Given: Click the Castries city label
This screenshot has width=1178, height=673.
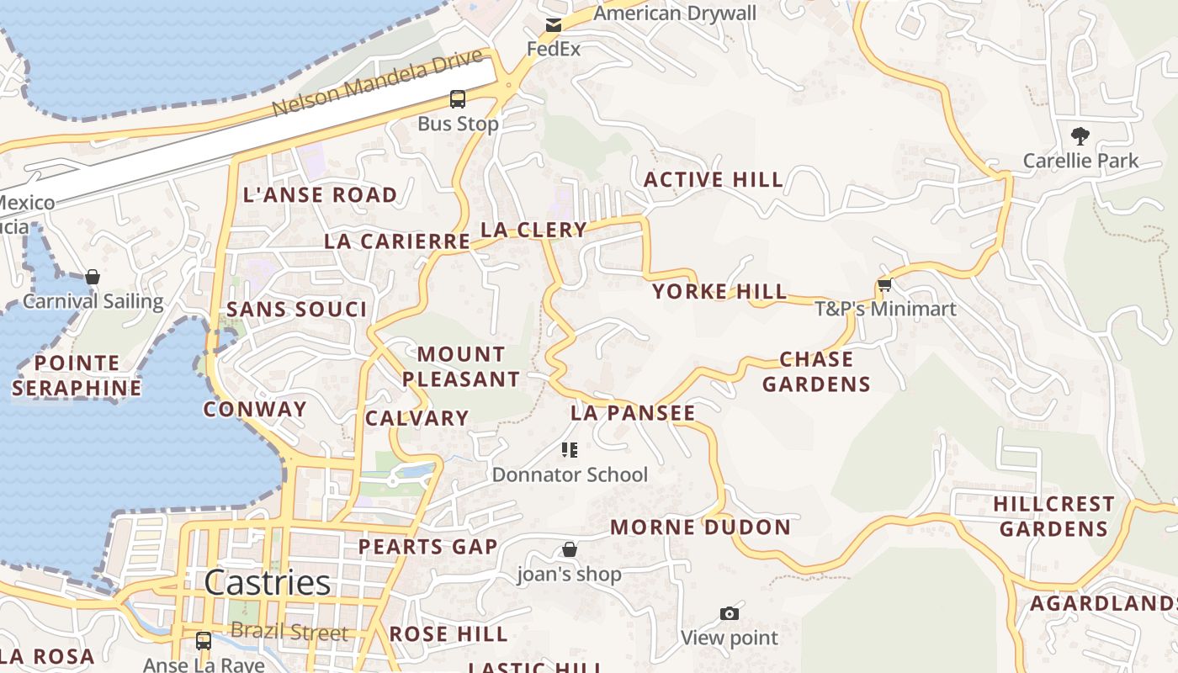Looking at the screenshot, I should click(x=267, y=583).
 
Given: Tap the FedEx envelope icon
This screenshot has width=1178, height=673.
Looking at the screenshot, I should click(x=553, y=25).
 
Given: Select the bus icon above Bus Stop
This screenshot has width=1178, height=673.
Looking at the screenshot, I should click(x=458, y=99).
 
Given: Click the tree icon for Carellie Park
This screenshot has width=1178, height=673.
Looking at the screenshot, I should click(x=1080, y=135).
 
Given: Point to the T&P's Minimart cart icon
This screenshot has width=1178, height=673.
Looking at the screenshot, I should click(x=884, y=285).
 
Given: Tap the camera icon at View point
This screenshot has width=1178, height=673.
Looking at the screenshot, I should click(x=730, y=614).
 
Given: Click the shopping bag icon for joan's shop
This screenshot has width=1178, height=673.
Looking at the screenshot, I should click(x=570, y=550).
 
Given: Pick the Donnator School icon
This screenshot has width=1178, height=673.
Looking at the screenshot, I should click(x=570, y=450).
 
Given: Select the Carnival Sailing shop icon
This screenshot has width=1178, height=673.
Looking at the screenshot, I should click(x=93, y=277).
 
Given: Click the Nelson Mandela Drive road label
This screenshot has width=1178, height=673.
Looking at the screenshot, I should click(x=379, y=84).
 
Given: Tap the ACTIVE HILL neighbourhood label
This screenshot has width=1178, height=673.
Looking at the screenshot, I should click(x=714, y=179).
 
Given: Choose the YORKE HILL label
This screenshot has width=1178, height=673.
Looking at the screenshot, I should click(x=719, y=292).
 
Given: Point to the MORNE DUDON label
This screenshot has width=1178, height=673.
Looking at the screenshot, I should click(x=700, y=527).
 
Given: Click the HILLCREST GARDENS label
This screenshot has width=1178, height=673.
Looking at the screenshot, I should click(x=1053, y=516).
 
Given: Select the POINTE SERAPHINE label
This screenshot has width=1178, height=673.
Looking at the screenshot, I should click(x=77, y=375).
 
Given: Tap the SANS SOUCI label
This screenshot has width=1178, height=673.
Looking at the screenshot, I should click(x=297, y=310).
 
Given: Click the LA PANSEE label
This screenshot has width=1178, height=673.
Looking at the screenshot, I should click(x=633, y=413).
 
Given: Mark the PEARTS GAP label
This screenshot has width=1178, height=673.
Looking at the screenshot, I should click(x=428, y=547).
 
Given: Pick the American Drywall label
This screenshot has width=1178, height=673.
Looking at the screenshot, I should click(x=675, y=13).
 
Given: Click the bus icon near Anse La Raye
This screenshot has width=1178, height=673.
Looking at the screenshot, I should click(x=204, y=641).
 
